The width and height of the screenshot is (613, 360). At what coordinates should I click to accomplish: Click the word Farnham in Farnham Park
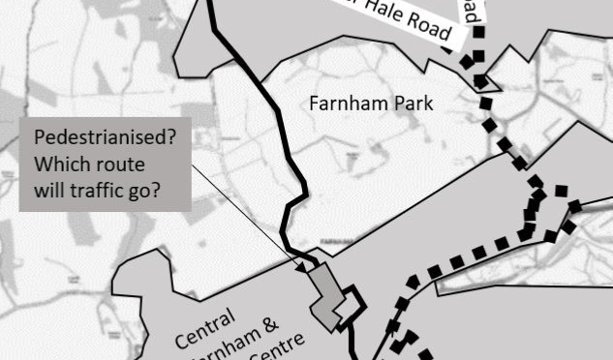tap(340, 103)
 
